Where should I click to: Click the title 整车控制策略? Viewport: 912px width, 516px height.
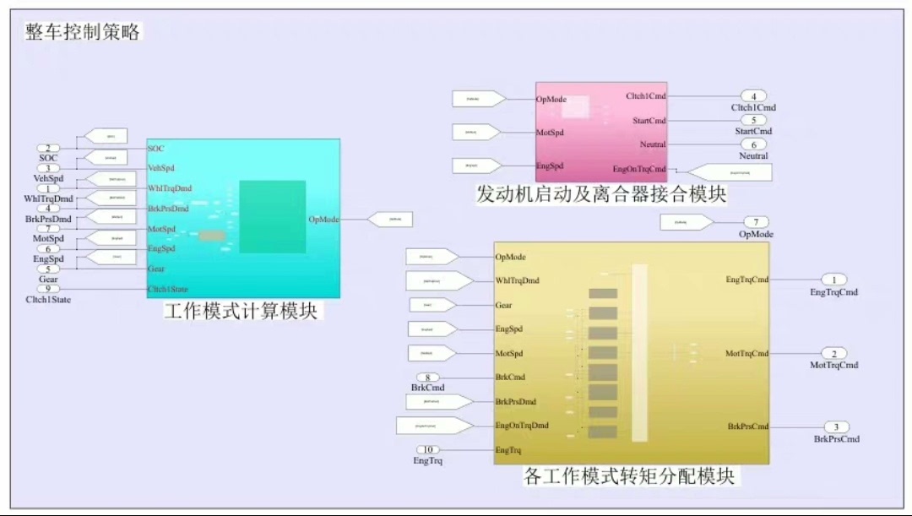pos(83,32)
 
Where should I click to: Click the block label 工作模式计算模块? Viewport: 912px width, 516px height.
pos(241,311)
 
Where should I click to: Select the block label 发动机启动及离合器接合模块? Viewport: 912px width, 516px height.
pos(601,194)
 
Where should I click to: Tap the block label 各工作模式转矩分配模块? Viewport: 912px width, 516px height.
pos(629,476)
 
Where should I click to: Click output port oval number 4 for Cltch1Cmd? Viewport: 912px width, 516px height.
pos(753,96)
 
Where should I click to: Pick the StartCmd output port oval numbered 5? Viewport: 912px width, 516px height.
pos(753,121)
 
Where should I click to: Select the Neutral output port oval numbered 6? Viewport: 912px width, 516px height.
pos(753,144)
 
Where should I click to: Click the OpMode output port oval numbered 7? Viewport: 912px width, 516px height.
pos(756,222)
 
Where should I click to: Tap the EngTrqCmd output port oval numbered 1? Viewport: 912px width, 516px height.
pos(833,280)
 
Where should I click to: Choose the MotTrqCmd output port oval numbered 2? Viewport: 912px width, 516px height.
pos(833,354)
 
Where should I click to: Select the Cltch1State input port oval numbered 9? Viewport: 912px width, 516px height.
pos(53,289)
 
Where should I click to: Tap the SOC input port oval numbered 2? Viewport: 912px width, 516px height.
pos(53,148)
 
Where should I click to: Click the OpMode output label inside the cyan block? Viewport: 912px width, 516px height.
pos(324,220)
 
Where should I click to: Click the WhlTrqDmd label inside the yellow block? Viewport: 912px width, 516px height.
pos(517,281)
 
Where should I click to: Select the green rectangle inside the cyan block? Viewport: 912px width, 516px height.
pos(272,216)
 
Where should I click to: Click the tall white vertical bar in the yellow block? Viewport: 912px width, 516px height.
pos(639,352)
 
